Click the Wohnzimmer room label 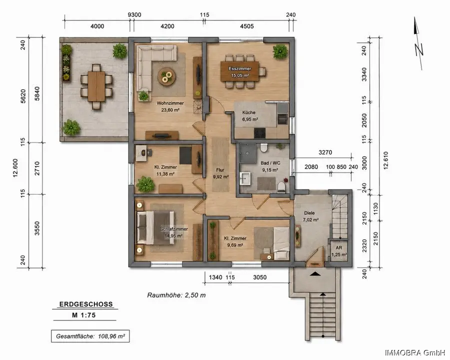(x=170, y=103)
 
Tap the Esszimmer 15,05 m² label (x=240, y=72)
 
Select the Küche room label (x=248, y=112)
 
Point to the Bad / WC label (x=270, y=163)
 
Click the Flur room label (x=220, y=170)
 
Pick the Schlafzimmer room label (x=174, y=229)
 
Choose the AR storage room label (x=338, y=248)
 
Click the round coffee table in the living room (x=166, y=77)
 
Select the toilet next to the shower (x=263, y=148)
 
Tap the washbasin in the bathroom (x=245, y=179)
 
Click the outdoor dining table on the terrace (x=96, y=86)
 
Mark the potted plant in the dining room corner (x=280, y=51)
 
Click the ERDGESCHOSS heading (x=86, y=304)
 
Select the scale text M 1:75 (x=84, y=315)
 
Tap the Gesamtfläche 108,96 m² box (x=90, y=336)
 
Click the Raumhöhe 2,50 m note (x=176, y=295)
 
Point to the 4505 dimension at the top (x=247, y=26)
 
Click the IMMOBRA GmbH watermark (x=415, y=352)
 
